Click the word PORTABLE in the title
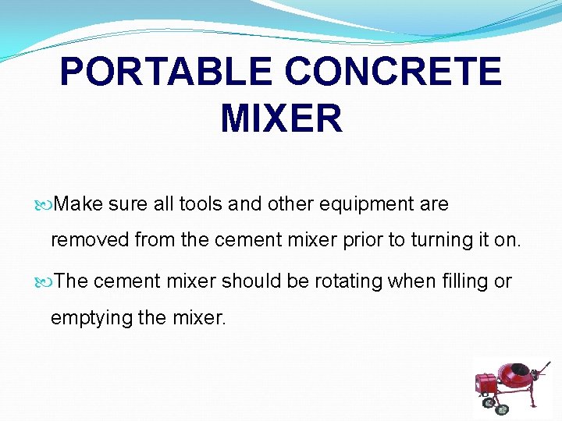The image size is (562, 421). tap(165, 72)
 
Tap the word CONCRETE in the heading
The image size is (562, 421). tap(393, 72)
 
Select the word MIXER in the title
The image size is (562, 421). tap(281, 119)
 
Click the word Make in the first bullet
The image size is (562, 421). tap(79, 204)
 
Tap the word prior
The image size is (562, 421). tap(363, 240)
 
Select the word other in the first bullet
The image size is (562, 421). tap(290, 204)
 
